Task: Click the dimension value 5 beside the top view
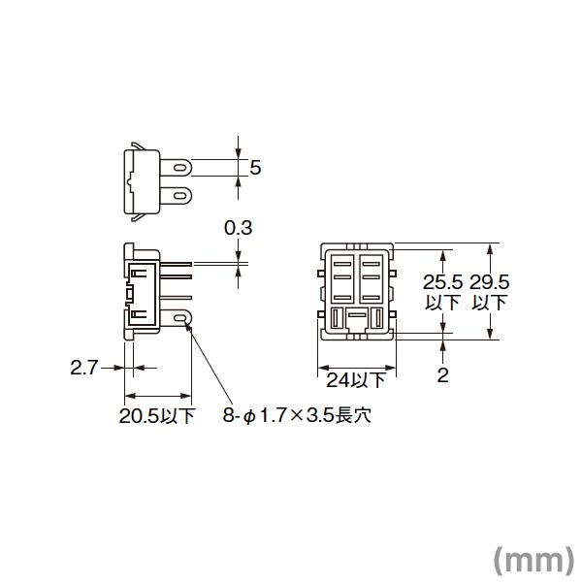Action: click(256, 168)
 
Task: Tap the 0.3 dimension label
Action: click(238, 229)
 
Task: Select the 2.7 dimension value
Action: click(83, 368)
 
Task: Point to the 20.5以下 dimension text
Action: click(157, 417)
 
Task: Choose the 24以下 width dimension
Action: click(354, 379)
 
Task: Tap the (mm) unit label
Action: click(533, 559)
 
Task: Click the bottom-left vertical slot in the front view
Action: click(337, 318)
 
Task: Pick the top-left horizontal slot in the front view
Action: click(343, 261)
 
